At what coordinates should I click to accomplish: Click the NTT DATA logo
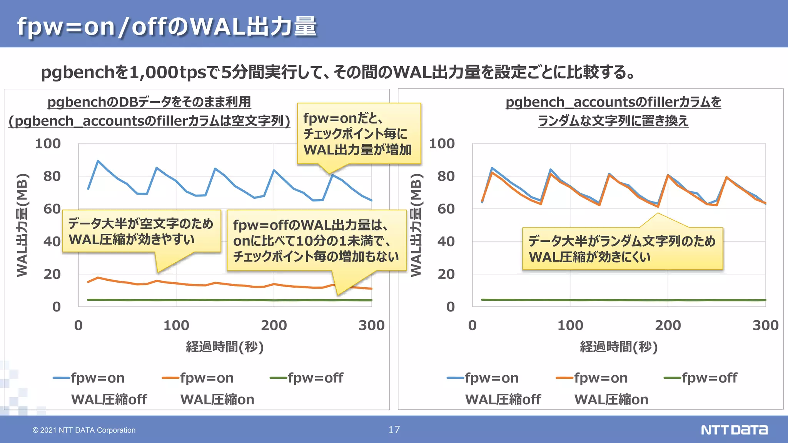click(x=734, y=430)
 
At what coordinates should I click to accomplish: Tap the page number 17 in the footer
click(x=394, y=430)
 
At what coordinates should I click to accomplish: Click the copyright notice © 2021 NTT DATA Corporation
click(x=84, y=430)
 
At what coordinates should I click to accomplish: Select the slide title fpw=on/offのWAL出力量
click(x=167, y=27)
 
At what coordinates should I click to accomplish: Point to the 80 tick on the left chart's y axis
click(x=52, y=177)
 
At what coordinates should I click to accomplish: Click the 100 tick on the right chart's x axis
click(x=570, y=325)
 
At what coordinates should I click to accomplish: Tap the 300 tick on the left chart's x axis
click(x=371, y=325)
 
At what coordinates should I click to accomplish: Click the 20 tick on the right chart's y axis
click(x=446, y=274)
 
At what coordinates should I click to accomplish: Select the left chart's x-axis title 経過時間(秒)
click(x=225, y=347)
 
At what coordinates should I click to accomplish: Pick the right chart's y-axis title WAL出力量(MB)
click(x=416, y=225)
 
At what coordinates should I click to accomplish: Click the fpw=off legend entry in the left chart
click(x=307, y=378)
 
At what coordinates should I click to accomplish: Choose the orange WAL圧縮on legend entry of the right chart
click(x=602, y=388)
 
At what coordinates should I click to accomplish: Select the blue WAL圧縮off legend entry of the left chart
click(x=100, y=388)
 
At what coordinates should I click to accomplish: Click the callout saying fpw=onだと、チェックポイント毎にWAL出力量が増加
click(x=358, y=134)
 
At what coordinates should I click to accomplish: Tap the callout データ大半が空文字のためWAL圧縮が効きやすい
click(x=141, y=231)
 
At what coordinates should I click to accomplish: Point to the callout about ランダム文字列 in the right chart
click(x=622, y=249)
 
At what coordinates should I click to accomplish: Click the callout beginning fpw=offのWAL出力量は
click(x=316, y=241)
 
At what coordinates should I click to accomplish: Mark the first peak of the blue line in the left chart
click(x=98, y=161)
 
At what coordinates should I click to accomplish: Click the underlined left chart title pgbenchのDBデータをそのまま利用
click(x=149, y=102)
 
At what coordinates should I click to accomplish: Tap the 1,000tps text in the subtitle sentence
click(x=168, y=72)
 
